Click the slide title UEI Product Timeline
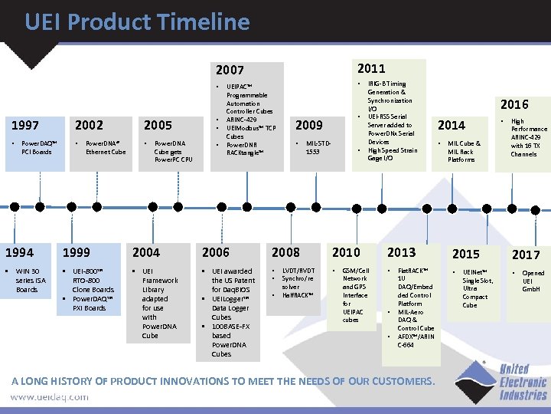(x=137, y=22)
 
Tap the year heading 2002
(x=89, y=125)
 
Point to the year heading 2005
(x=159, y=125)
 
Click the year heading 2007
(x=229, y=71)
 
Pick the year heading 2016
(x=514, y=104)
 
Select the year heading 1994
(x=19, y=251)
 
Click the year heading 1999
(x=76, y=251)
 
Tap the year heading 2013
(x=401, y=251)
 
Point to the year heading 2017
(x=526, y=254)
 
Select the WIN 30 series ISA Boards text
(x=29, y=280)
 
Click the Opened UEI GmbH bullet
(x=532, y=281)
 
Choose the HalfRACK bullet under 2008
(x=297, y=295)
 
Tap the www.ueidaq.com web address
(x=49, y=397)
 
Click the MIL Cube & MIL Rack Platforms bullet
(x=462, y=151)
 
